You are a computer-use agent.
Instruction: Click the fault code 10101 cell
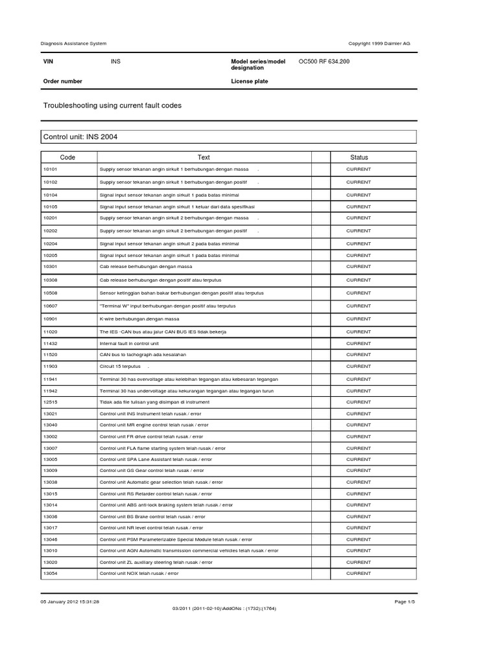tap(51, 169)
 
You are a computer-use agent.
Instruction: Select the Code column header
tap(68, 157)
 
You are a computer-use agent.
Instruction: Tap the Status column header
tap(359, 157)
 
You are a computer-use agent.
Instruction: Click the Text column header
tap(204, 157)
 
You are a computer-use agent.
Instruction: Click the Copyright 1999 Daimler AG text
tap(379, 43)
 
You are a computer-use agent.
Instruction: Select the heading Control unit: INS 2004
tap(80, 137)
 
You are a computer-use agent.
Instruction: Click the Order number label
tap(62, 82)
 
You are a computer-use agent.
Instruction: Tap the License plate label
tap(250, 82)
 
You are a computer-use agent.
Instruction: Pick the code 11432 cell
tap(51, 343)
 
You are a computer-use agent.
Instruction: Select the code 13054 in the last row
tap(51, 573)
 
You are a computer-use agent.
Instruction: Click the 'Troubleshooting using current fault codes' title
tap(112, 105)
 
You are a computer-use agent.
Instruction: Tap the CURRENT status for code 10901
tap(359, 319)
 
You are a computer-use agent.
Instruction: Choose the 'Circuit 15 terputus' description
tap(123, 366)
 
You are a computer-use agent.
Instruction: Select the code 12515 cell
tap(51, 402)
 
